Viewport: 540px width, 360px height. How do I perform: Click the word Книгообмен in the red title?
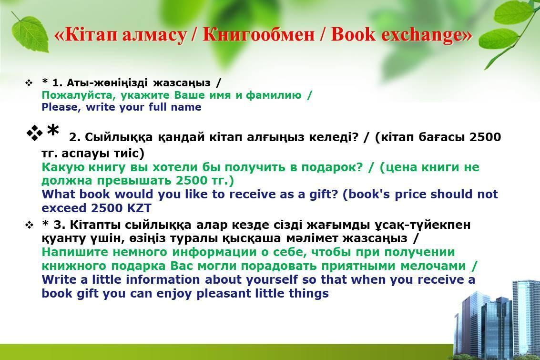258,35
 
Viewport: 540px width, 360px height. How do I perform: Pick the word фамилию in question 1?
274,95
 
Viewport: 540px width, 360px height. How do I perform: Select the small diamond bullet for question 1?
29,83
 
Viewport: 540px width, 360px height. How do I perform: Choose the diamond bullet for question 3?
29,226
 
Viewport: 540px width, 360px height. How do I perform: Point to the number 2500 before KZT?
107,208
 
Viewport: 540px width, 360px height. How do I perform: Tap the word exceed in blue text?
64,208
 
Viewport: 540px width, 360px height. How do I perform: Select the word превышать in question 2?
134,181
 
